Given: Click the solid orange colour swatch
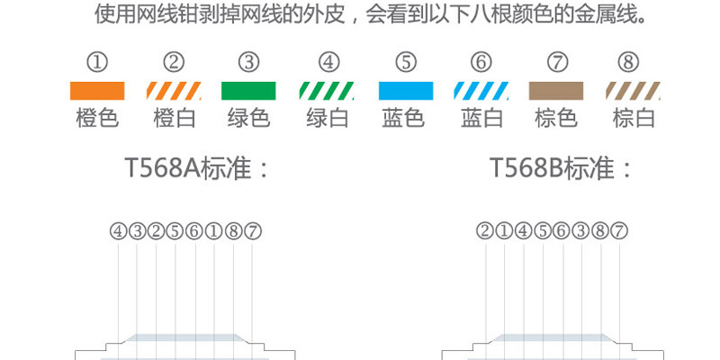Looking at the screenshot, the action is point(97,91).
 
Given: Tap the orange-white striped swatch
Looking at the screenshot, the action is point(174,91).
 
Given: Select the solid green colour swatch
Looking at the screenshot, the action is point(249,91).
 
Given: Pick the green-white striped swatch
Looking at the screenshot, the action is point(327,91).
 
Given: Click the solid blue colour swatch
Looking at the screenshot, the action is point(405,91).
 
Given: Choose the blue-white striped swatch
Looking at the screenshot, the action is point(481,91).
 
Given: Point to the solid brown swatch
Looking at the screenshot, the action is point(557,91).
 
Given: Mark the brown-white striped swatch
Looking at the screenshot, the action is point(634,91).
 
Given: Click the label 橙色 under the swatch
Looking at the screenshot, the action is point(97,118).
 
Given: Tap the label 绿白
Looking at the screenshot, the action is point(328,118).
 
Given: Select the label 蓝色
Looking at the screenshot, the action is point(404,118).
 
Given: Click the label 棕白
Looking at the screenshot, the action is point(634,118).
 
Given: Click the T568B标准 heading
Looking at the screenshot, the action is point(562,168).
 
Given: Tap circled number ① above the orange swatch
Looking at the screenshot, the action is point(97,62).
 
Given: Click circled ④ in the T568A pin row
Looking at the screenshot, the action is point(118,231).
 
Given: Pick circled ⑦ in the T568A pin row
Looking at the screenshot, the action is point(253,231).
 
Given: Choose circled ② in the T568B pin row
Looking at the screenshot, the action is point(485,231).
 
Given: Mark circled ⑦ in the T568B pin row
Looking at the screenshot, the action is point(619,231).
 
